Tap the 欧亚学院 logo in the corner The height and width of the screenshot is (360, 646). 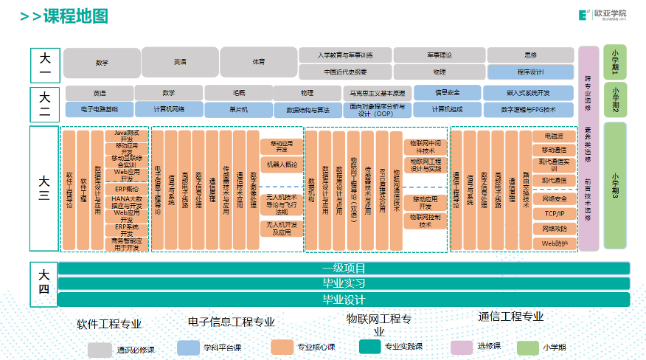[602, 15]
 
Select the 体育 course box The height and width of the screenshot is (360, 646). [258, 63]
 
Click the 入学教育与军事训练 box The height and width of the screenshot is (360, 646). [345, 55]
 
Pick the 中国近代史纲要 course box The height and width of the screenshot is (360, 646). [345, 72]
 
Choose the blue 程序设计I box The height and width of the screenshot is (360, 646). [530, 72]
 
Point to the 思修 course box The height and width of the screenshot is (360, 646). [530, 55]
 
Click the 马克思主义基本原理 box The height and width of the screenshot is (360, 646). [378, 94]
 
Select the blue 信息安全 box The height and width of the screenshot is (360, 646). [447, 93]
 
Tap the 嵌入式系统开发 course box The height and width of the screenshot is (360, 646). [528, 93]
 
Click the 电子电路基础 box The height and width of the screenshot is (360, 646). [101, 109]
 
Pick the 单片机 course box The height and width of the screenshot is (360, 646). [237, 109]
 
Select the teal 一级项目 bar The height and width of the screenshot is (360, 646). [344, 269]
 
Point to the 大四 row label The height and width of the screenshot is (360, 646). [44, 283]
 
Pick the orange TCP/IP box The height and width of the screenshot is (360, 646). [555, 214]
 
